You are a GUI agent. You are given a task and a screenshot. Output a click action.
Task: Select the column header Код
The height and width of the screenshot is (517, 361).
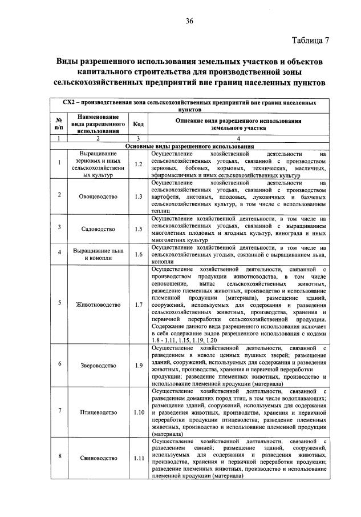pos(137,123)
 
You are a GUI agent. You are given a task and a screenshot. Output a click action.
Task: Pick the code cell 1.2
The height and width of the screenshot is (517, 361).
pos(137,164)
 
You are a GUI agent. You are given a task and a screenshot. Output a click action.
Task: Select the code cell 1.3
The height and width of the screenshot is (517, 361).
pos(137,197)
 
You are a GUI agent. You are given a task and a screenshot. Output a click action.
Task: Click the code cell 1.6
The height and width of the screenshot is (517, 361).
pos(137,254)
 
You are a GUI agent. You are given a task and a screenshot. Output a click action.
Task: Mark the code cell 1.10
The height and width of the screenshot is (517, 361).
pos(137,412)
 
